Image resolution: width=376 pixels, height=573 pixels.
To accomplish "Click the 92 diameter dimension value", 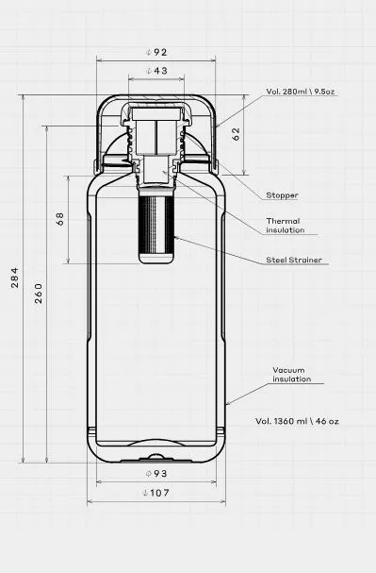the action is tap(156, 52).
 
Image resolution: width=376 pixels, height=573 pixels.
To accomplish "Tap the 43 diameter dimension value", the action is tap(156, 71).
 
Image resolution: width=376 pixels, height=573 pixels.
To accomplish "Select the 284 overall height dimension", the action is tap(14, 278).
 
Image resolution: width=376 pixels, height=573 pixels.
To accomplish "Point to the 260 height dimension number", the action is tap(39, 293).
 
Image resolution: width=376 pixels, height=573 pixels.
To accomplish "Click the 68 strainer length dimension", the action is tap(60, 218).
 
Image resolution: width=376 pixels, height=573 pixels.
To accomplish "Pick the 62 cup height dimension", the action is tap(236, 134).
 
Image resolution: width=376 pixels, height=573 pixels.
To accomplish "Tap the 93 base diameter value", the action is tap(156, 474).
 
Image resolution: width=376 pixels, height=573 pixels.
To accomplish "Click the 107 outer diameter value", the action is tap(156, 493).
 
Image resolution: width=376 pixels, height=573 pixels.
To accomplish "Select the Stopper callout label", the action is tap(282, 195).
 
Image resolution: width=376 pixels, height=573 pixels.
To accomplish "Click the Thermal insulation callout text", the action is tap(285, 226).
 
